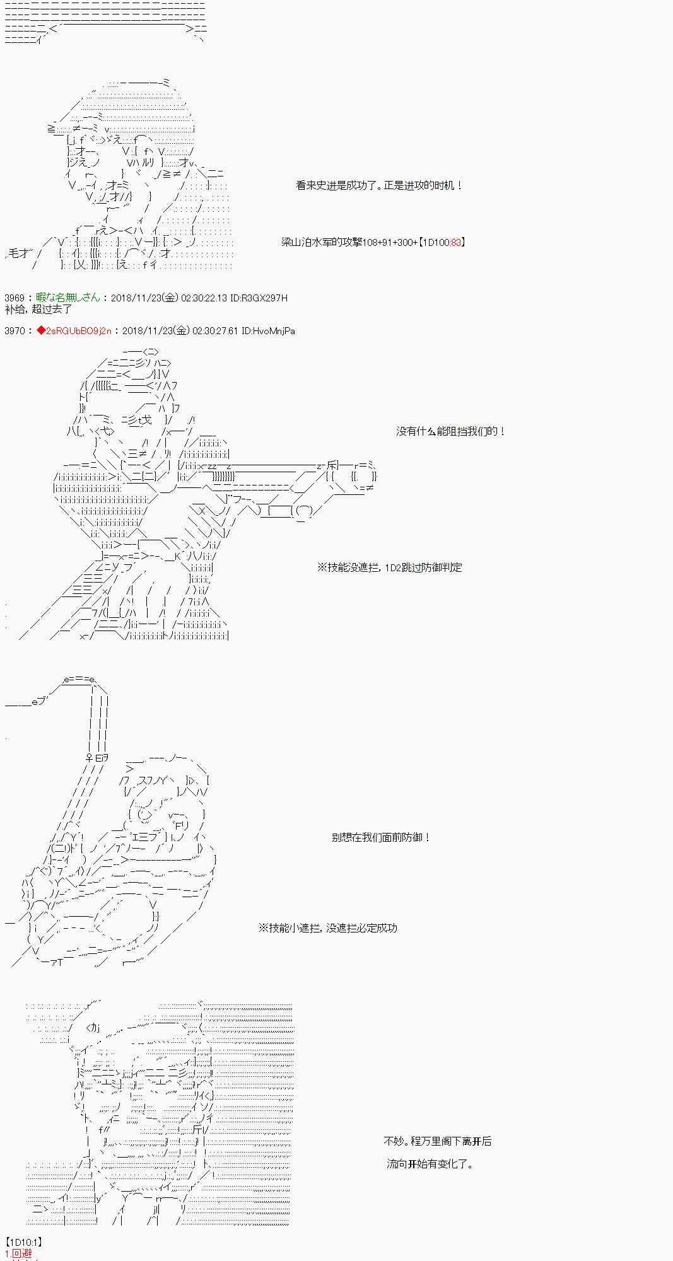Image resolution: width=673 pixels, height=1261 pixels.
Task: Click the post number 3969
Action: (14, 298)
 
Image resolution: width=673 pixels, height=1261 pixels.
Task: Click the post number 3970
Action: (14, 330)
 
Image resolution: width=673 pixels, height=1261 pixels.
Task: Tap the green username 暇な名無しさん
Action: (67, 298)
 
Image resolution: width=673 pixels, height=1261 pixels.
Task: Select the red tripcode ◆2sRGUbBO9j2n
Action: (74, 330)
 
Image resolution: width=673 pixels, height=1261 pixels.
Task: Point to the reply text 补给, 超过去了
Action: (38, 309)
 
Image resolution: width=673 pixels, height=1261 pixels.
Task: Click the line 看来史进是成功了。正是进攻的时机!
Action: (379, 185)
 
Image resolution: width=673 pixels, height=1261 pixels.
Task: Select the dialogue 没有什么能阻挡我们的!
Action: (450, 431)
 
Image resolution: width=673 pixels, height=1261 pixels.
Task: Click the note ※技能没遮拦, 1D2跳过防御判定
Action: (389, 567)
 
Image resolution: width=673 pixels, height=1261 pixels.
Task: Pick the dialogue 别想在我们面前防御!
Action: (381, 837)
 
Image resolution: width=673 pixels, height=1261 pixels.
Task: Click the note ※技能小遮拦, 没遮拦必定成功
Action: (327, 928)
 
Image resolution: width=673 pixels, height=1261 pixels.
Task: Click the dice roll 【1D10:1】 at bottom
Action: (23, 1242)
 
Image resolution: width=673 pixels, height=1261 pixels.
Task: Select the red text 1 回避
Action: (18, 1253)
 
